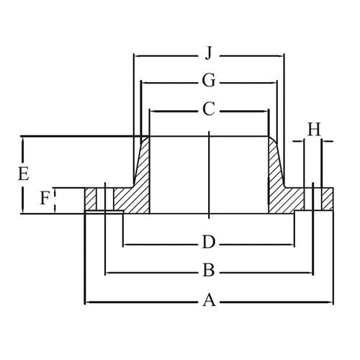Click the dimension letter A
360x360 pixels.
click(209, 301)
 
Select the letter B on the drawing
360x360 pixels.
click(209, 271)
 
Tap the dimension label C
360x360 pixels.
click(209, 110)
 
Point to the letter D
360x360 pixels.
click(209, 240)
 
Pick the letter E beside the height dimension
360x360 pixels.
click(23, 174)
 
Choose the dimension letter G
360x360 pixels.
click(209, 82)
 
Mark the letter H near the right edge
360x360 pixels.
click(314, 129)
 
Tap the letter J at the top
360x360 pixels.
click(209, 53)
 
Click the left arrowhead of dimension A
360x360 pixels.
click(88, 302)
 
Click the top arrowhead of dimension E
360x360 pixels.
click(23, 140)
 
